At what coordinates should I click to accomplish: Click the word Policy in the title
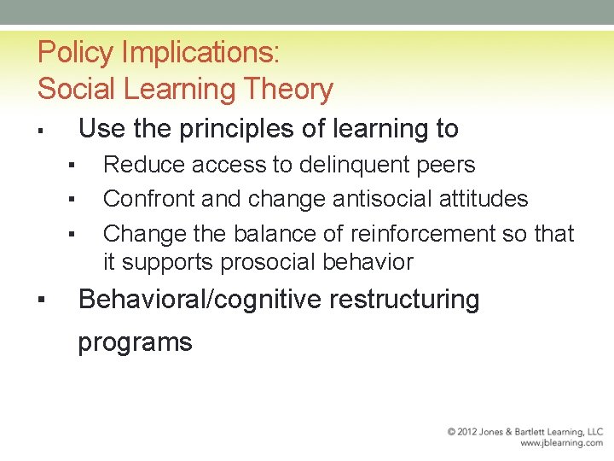pos(76,54)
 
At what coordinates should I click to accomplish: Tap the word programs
pos(135,342)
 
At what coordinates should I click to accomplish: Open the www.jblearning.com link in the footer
pos(561,443)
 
